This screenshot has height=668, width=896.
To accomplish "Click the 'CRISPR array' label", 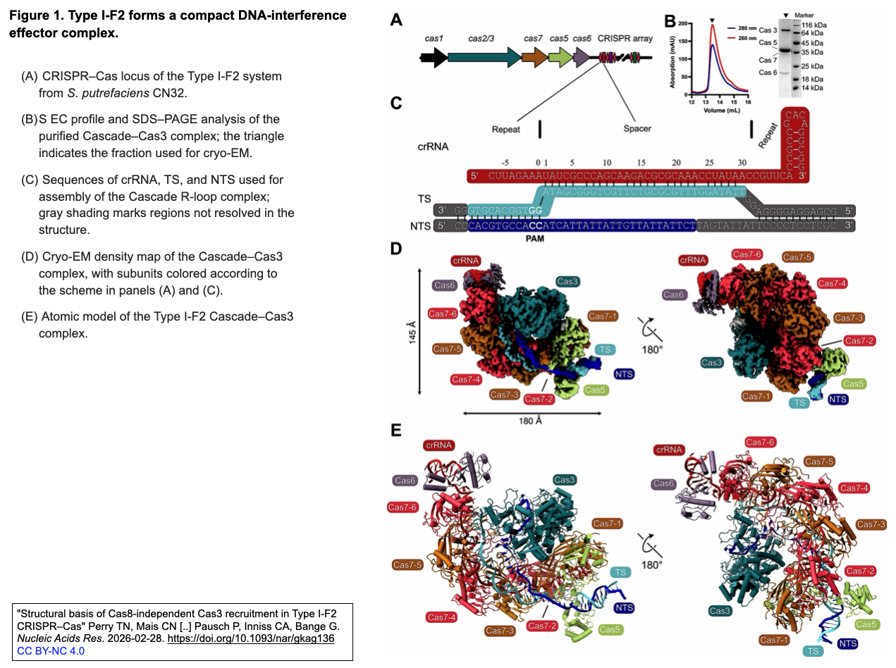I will (x=625, y=38).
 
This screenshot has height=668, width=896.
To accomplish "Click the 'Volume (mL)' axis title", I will (x=721, y=110).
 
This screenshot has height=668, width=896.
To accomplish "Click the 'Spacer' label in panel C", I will (x=637, y=129).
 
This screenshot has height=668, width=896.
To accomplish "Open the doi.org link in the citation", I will (x=250, y=638).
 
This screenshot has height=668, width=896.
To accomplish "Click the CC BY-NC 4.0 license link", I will (x=50, y=650).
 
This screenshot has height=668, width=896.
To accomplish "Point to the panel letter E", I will (x=395, y=429).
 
